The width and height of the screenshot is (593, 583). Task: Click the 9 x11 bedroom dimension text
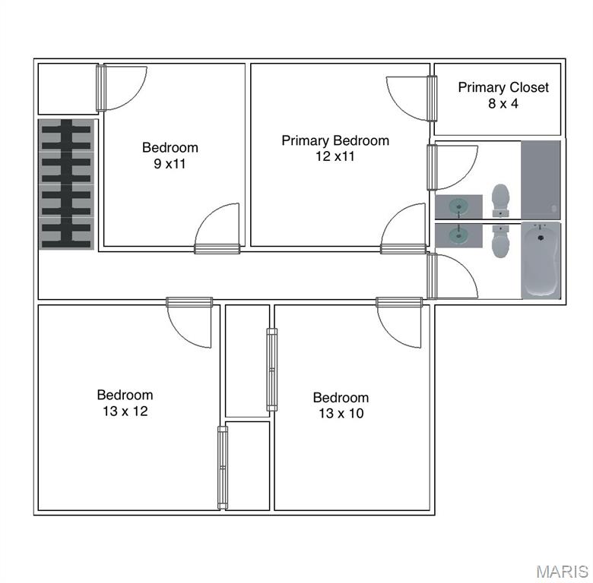coord(170,163)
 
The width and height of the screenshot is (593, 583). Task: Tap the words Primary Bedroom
coord(335,140)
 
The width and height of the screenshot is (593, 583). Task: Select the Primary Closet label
coord(503,87)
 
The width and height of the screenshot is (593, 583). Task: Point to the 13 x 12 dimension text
coord(125,411)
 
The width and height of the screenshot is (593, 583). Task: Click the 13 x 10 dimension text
coord(341,413)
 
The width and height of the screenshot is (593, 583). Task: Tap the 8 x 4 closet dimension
coord(503,103)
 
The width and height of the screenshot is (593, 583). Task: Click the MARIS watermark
coord(563,572)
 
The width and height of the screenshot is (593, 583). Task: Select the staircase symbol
coord(67,184)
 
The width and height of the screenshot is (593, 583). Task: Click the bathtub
coord(541,260)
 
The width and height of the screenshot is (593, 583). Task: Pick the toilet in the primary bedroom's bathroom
coord(501,200)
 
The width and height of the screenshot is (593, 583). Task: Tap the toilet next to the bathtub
coord(500,241)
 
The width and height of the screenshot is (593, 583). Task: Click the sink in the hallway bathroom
coord(458,236)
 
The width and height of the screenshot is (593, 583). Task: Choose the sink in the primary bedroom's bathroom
coord(458,206)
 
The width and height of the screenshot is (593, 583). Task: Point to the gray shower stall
coord(541,180)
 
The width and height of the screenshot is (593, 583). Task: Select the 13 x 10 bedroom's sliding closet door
coord(272,370)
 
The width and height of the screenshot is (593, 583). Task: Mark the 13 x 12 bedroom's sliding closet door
coord(223,468)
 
